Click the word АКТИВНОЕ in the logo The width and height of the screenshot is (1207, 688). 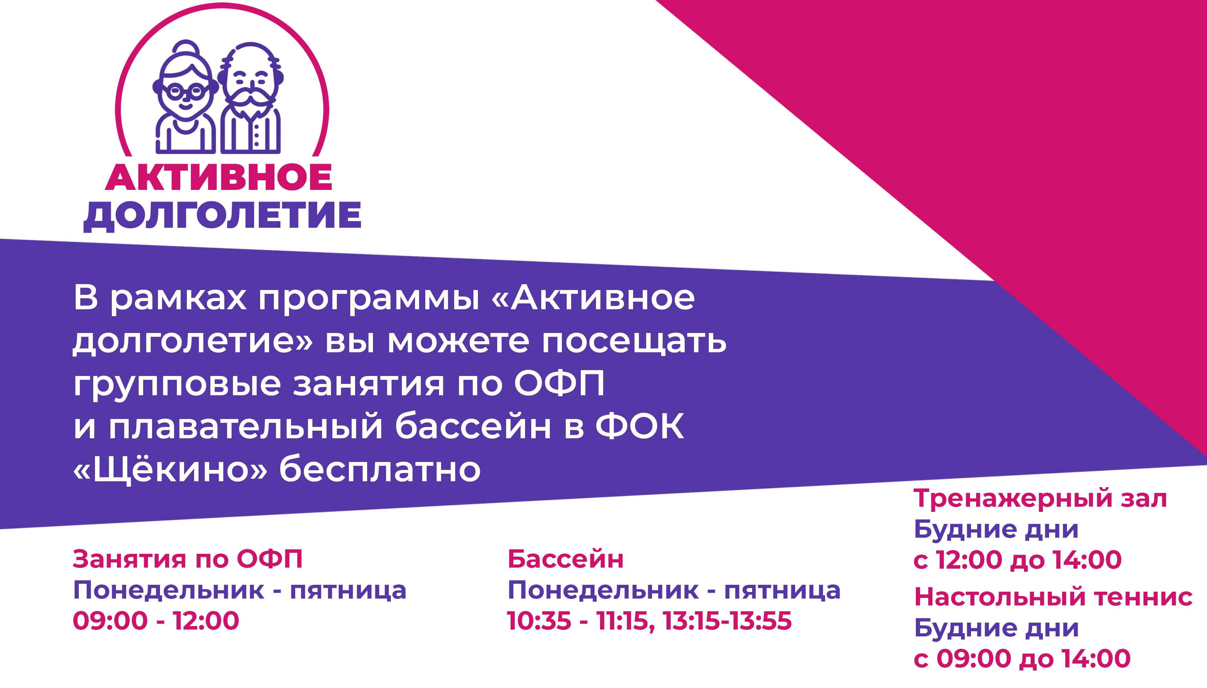point(218,178)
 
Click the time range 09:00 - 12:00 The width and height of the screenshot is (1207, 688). point(156,621)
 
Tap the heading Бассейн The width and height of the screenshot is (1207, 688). point(566,559)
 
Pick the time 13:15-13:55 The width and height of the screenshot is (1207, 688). point(727,621)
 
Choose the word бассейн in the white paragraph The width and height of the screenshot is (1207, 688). point(473,427)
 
